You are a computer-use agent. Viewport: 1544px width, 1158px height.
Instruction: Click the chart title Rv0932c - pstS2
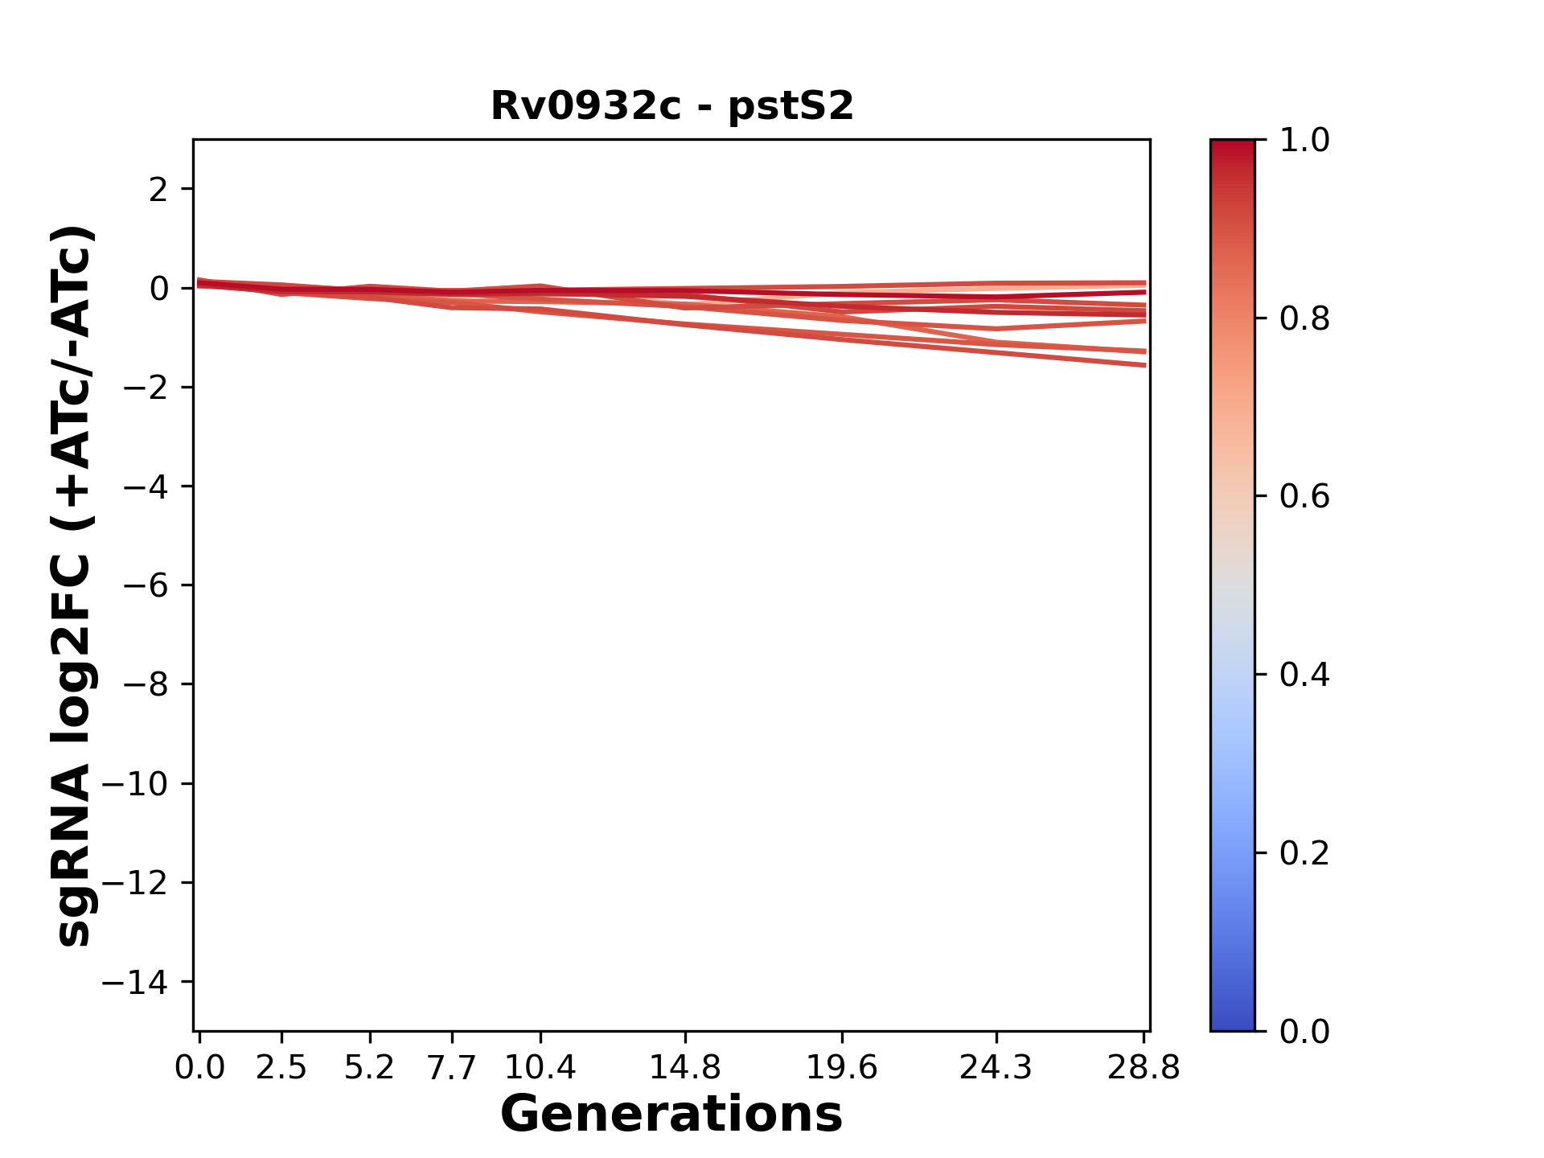(671, 106)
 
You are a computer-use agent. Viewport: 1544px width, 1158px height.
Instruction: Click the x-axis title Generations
(671, 1115)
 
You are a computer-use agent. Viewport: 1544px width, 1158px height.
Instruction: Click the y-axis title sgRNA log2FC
(74, 585)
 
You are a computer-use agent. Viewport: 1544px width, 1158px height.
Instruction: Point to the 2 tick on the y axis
(158, 190)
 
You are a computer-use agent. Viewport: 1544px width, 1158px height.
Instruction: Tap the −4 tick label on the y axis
(146, 487)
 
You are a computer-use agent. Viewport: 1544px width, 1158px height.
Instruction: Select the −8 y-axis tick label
(146, 684)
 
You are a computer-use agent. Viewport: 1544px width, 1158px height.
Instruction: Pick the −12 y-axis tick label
(135, 883)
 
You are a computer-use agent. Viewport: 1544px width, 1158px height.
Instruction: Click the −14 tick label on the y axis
(135, 982)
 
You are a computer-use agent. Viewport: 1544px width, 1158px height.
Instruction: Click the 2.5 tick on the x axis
(281, 1068)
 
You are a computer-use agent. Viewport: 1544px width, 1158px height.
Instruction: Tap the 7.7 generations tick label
(452, 1068)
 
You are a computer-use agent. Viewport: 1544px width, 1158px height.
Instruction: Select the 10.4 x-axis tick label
(540, 1068)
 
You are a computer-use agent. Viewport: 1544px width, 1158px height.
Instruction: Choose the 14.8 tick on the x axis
(684, 1068)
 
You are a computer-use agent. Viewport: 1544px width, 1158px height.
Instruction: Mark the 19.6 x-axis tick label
(842, 1068)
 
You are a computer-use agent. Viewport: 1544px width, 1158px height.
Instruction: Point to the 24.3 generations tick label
(996, 1068)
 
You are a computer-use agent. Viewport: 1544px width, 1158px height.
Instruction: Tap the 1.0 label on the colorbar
(1304, 141)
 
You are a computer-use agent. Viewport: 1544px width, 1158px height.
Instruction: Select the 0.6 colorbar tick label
(1304, 497)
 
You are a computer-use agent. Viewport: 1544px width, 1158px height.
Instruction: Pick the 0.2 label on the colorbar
(1304, 853)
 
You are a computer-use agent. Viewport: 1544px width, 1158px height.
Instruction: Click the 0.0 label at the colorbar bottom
(1304, 1032)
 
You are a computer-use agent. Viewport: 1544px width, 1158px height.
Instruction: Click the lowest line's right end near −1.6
(1143, 365)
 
